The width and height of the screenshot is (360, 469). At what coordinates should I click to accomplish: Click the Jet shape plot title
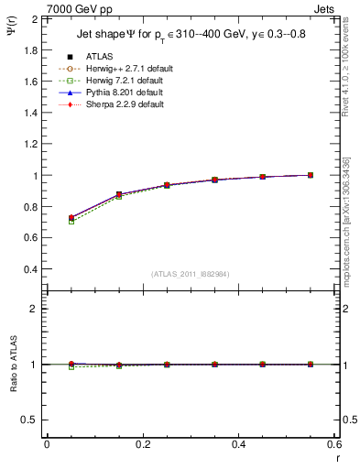coord(193,36)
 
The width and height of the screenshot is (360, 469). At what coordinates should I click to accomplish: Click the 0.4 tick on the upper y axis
coord(31,269)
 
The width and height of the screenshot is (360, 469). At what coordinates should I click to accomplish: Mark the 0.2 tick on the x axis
coord(143,444)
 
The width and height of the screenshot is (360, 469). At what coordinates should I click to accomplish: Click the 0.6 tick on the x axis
coord(334,444)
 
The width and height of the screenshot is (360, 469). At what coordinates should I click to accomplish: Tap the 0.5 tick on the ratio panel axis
coord(30,420)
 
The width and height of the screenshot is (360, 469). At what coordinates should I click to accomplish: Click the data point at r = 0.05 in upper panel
coord(71,218)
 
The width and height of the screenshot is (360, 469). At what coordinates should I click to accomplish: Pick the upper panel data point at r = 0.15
coord(119,194)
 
